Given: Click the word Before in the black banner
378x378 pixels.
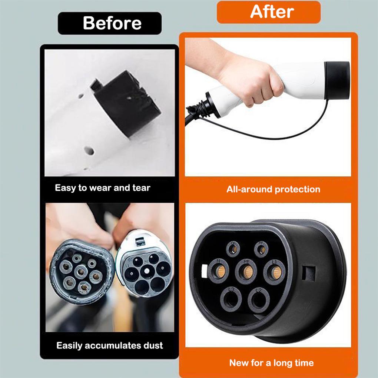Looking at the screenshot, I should (112, 23).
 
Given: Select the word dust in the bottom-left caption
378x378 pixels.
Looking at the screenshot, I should (153, 346).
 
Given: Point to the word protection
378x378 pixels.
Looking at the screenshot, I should (298, 189).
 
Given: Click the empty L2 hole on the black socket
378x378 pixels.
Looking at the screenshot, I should (259, 299).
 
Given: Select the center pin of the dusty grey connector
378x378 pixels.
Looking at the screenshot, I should (81, 272).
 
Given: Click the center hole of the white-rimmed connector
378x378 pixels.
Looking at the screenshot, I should (146, 272).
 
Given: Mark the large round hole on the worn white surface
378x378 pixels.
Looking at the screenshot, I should (89, 151).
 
